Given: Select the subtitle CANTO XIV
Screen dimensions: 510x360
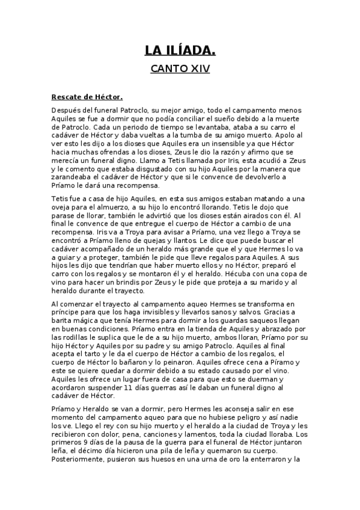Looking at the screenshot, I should pos(180,69).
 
